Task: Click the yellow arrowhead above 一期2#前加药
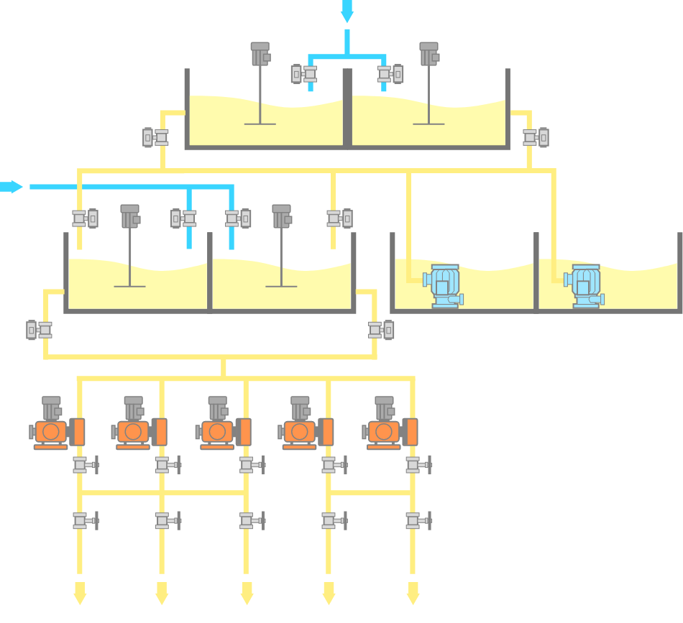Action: [x=80, y=594]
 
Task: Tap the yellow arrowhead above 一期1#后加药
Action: [x=247, y=594]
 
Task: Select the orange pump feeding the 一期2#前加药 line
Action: [x=51, y=431]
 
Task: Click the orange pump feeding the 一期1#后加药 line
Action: [x=217, y=431]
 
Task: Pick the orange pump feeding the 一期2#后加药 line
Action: [x=133, y=431]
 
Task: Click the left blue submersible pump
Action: [x=444, y=286]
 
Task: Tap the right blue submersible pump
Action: [x=585, y=286]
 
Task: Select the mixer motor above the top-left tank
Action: [x=260, y=53]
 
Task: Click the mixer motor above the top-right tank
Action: [x=428, y=53]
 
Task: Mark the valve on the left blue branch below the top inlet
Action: [x=306, y=73]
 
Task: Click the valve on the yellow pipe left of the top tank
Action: [x=156, y=137]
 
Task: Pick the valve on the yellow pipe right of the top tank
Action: [x=536, y=137]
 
